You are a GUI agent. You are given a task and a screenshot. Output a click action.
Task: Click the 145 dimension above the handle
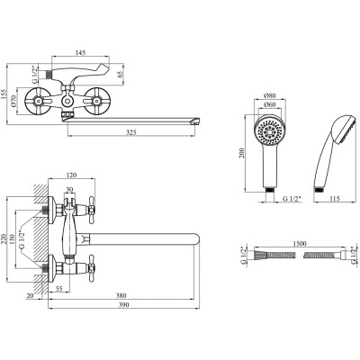click(x=80, y=52)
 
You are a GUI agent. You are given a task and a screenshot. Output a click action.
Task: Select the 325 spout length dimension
click(x=131, y=131)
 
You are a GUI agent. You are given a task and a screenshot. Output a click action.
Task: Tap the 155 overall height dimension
click(x=4, y=95)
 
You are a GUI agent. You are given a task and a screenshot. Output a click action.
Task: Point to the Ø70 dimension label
click(x=13, y=101)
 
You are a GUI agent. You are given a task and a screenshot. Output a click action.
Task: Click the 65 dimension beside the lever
click(x=121, y=75)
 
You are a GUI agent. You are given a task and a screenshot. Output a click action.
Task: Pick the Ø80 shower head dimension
click(x=269, y=95)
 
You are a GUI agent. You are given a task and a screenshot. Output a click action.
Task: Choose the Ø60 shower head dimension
click(x=269, y=104)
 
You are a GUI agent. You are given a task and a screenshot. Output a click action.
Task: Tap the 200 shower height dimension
click(x=243, y=153)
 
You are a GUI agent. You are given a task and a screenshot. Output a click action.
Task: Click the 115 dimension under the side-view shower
click(x=334, y=199)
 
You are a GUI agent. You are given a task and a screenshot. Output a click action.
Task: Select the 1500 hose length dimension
click(x=299, y=244)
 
